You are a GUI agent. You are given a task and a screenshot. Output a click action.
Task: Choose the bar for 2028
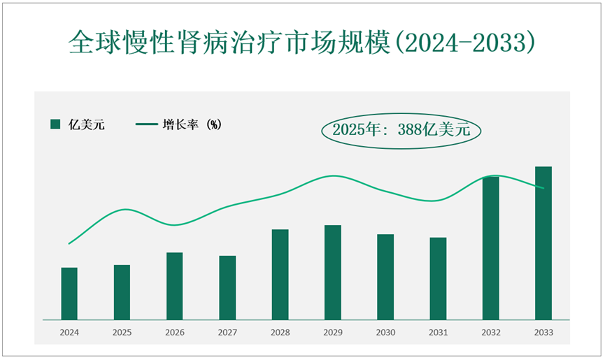tap(280, 275)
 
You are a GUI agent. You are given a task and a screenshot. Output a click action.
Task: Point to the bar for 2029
tap(333, 273)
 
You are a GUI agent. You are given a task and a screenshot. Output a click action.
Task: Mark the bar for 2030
tap(385, 277)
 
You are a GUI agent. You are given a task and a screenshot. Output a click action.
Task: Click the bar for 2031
tap(438, 279)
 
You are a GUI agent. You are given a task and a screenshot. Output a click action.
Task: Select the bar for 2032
tap(491, 248)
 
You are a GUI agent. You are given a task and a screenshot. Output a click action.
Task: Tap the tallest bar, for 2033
tap(543, 243)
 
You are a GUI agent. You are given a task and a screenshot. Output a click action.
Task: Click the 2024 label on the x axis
tap(69, 333)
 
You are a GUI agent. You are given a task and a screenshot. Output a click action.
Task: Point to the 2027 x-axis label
tap(227, 333)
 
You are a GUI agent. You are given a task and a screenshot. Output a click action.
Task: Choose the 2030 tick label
tap(385, 333)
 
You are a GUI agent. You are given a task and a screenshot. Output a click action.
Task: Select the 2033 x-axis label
tap(543, 333)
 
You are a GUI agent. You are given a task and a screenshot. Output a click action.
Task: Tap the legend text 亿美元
tap(86, 124)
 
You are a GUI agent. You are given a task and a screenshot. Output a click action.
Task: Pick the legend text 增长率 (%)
tap(192, 124)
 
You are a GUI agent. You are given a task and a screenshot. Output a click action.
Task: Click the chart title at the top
tap(302, 43)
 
